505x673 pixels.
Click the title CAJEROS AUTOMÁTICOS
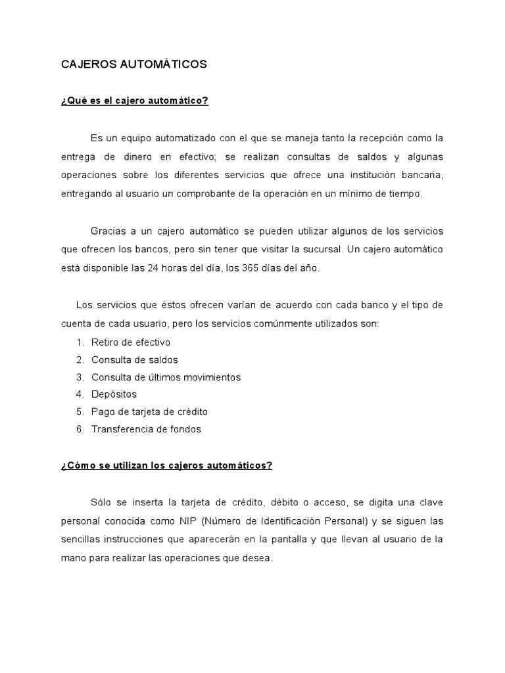click(133, 64)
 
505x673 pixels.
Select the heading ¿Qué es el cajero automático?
click(134, 101)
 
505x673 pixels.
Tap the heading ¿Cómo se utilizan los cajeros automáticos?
click(166, 465)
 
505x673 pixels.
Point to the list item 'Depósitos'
click(114, 394)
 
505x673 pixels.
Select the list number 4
click(79, 394)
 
